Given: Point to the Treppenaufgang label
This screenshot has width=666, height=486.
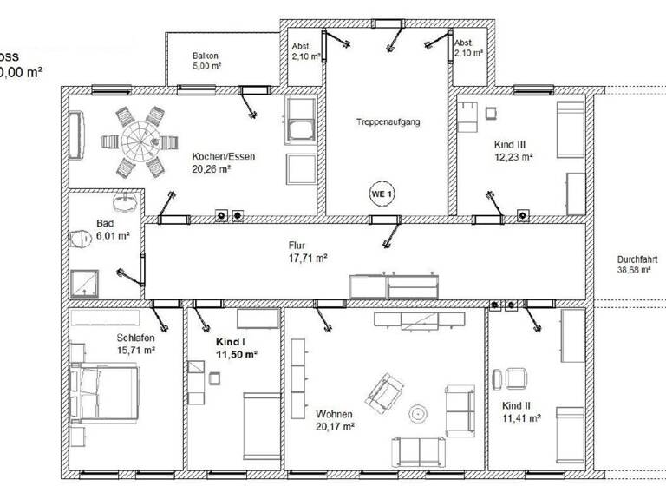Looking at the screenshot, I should click(387, 122).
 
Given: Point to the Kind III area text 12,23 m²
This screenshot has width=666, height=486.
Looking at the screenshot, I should click(514, 158).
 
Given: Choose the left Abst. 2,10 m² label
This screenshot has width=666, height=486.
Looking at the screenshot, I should click(301, 50).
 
